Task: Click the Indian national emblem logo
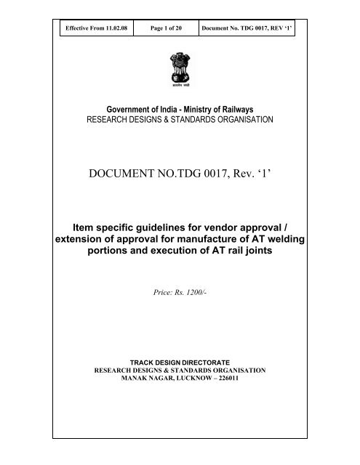click(x=179, y=65)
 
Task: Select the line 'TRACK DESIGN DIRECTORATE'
click(x=180, y=360)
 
